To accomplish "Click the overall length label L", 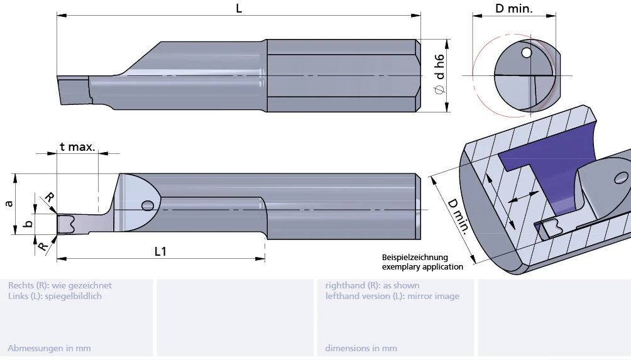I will [x=239, y=8].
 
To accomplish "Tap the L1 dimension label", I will [x=161, y=251].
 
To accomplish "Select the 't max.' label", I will [x=77, y=147].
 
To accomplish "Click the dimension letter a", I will [x=8, y=204].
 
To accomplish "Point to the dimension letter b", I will [x=26, y=224].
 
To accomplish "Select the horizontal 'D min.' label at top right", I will [x=513, y=9].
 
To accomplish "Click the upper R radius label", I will [x=50, y=197].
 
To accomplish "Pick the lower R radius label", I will [x=42, y=247].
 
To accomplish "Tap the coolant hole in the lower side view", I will [x=148, y=205].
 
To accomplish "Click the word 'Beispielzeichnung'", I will [x=415, y=258].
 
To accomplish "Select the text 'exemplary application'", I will [x=422, y=267].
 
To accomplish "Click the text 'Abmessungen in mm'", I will [x=49, y=348].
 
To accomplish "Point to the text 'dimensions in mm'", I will [x=361, y=348].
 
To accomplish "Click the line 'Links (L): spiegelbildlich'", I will [x=55, y=296].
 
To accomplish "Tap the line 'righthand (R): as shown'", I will [x=372, y=285].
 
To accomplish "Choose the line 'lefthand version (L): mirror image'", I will [x=392, y=296].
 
